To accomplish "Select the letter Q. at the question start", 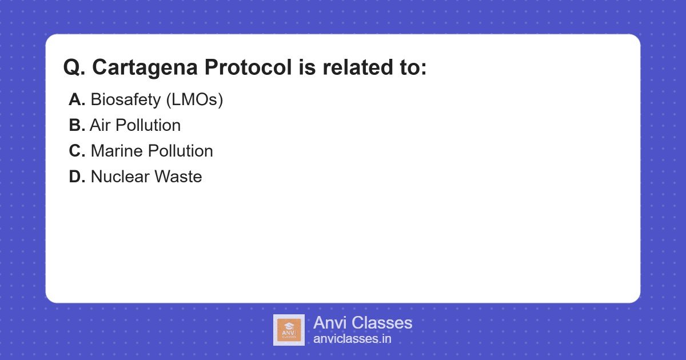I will pyautogui.click(x=74, y=68).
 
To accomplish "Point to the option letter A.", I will pyautogui.click(x=77, y=100).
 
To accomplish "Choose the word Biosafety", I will pyautogui.click(x=125, y=100).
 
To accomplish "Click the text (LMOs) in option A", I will pyautogui.click(x=194, y=100).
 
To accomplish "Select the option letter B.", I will pyautogui.click(x=77, y=125).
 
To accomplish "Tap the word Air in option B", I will pyautogui.click(x=100, y=125).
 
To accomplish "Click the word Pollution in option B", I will pyautogui.click(x=148, y=125).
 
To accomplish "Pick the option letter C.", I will pyautogui.click(x=77, y=151).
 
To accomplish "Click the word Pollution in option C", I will pyautogui.click(x=181, y=151).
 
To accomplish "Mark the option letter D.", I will pyautogui.click(x=77, y=177).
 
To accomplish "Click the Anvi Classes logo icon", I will pyautogui.click(x=289, y=330).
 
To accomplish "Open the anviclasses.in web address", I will pyautogui.click(x=352, y=339).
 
